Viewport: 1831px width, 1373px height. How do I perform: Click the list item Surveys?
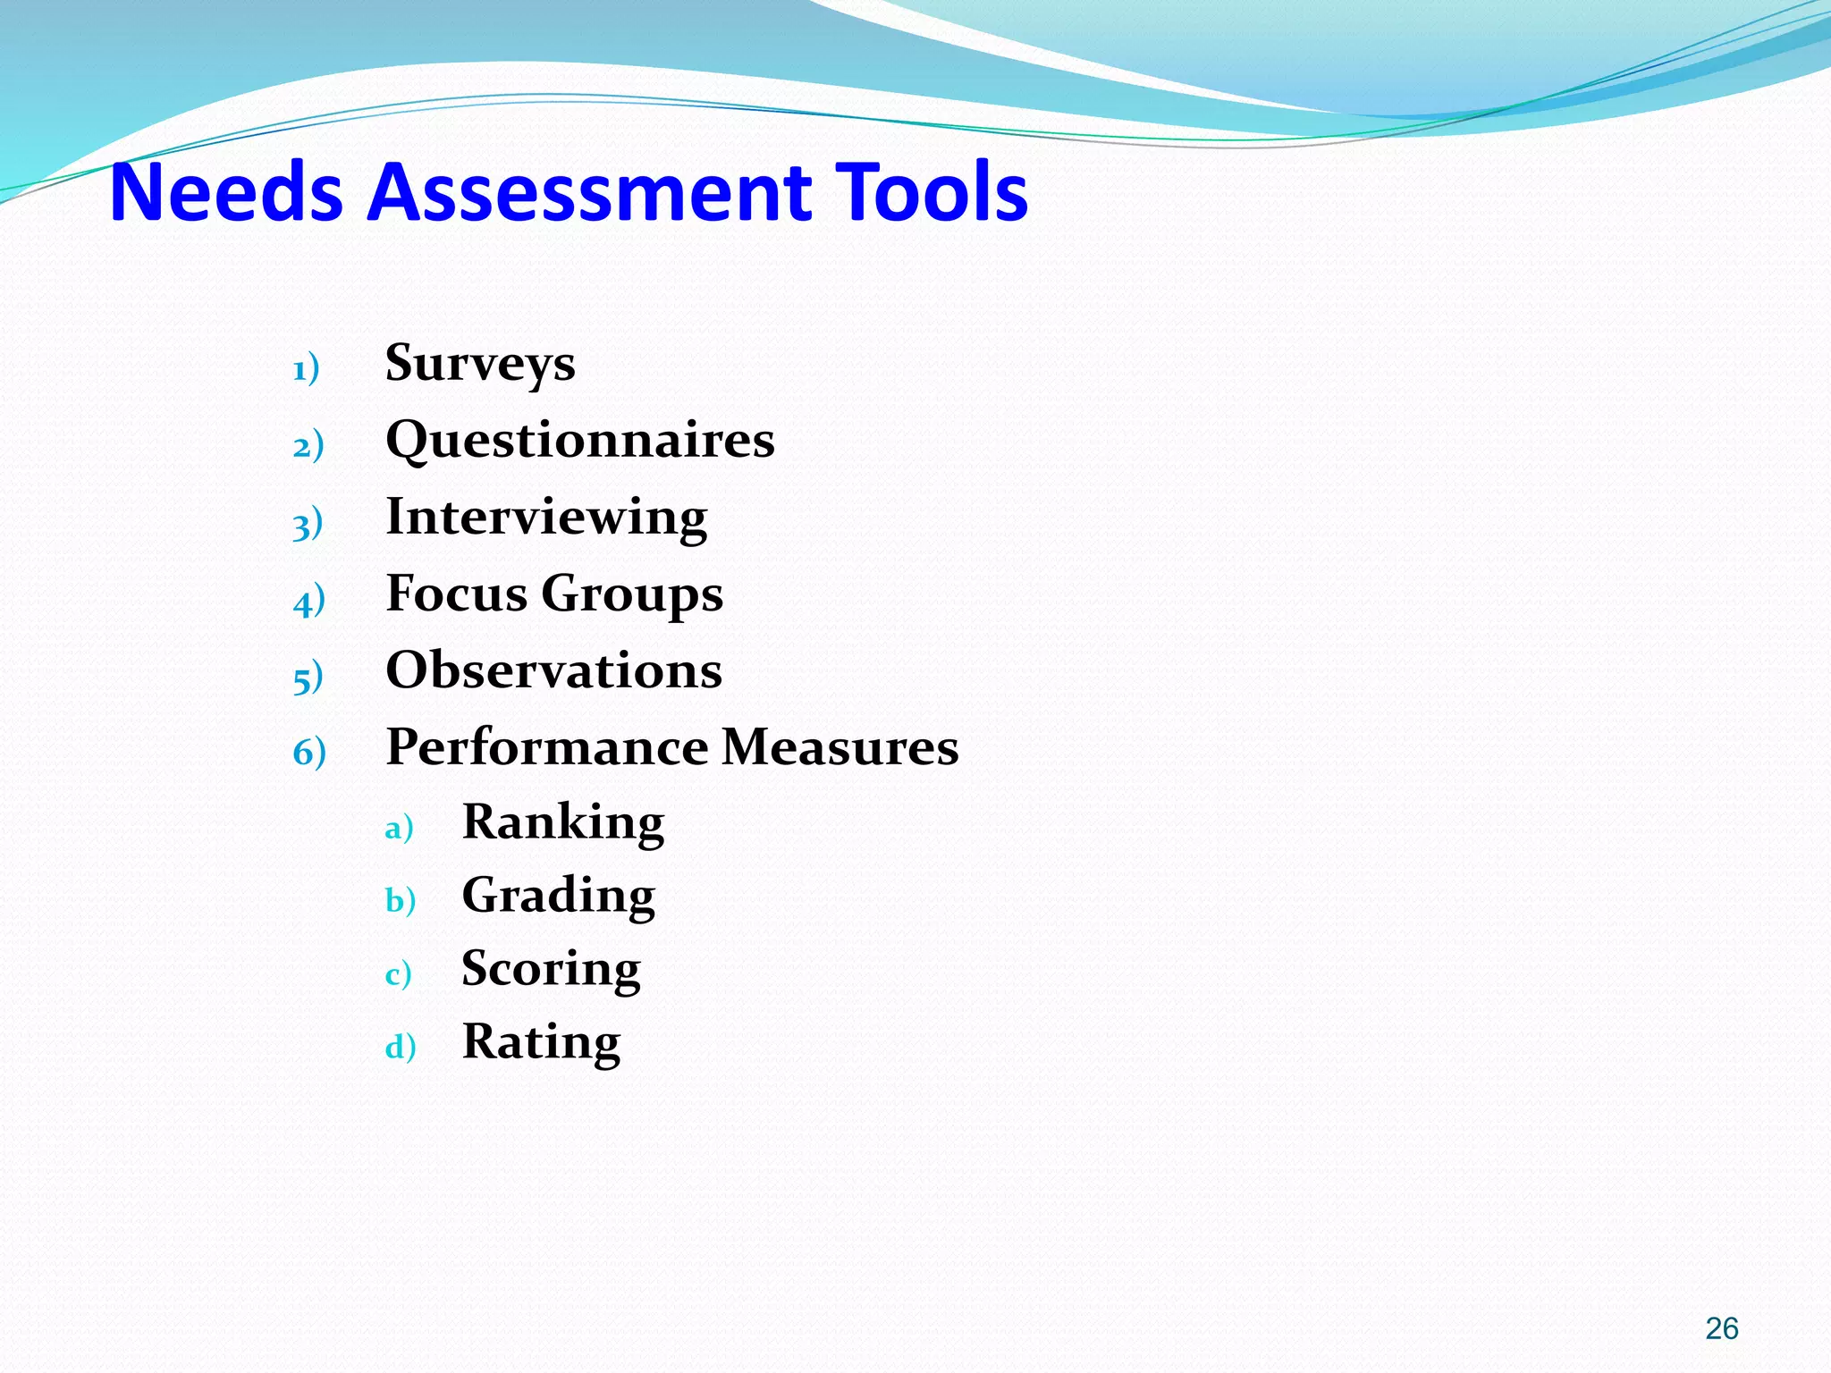tap(480, 364)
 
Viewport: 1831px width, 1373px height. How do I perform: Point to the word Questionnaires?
tap(580, 440)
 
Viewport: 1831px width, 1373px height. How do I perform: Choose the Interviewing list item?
tap(546, 518)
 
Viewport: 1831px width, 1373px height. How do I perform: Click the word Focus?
tap(456, 594)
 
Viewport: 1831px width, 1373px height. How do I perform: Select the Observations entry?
tap(553, 670)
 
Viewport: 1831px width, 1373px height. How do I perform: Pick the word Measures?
tap(840, 747)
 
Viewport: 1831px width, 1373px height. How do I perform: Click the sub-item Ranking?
tap(563, 822)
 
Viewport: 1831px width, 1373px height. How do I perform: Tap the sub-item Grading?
tap(559, 896)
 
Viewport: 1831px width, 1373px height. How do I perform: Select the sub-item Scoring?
tap(551, 969)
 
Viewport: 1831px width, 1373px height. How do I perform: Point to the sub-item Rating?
tap(541, 1042)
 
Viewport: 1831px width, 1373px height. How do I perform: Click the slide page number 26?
tap(1721, 1328)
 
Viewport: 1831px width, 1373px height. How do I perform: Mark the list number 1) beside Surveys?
tap(306, 368)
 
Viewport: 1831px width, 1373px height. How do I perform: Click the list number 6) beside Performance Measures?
tap(309, 752)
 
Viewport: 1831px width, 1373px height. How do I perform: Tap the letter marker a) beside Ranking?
tap(399, 828)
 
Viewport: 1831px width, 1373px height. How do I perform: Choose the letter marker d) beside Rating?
tap(401, 1047)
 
